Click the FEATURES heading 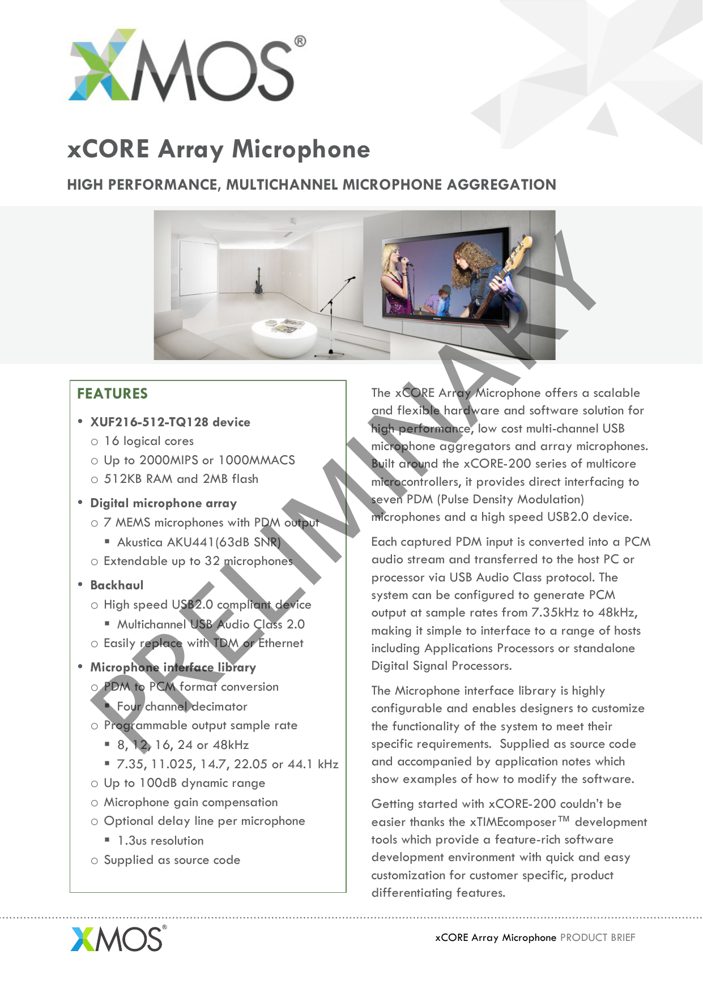112,393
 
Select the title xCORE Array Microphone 219,149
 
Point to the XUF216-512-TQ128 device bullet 170,422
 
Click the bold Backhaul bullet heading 117,585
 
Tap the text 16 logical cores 148,441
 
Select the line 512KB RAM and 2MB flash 181,479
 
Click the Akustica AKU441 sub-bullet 198,542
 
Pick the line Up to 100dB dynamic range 184,783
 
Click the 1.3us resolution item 160,841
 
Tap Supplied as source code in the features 172,860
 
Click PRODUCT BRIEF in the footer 598,938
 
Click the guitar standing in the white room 258,281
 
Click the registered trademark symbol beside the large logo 300,41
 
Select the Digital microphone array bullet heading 163,503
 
